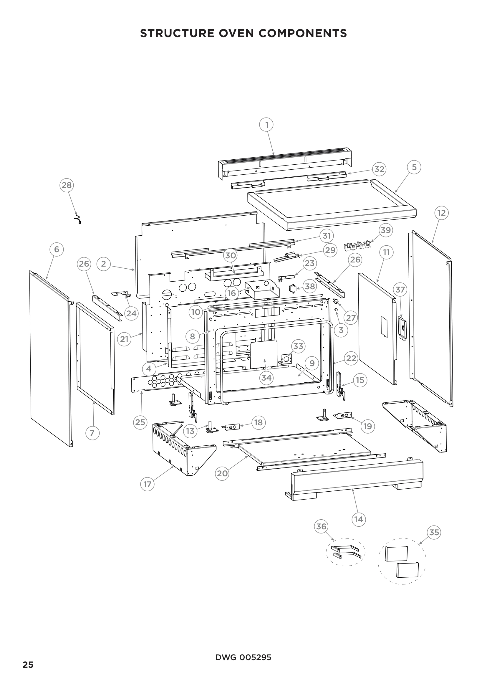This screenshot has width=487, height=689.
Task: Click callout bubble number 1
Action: [266, 124]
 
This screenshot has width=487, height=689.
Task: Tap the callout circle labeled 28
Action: [67, 185]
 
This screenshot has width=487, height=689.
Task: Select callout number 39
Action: [386, 230]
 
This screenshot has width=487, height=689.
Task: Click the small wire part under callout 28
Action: [78, 220]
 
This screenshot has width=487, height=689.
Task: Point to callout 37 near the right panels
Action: [400, 290]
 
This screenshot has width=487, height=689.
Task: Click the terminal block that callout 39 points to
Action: [357, 249]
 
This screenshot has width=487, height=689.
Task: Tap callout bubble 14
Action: [358, 519]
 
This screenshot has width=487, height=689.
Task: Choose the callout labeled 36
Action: [321, 526]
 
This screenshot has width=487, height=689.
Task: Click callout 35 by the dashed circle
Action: [434, 532]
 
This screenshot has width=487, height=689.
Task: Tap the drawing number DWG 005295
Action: [243, 657]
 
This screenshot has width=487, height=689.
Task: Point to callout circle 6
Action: [57, 249]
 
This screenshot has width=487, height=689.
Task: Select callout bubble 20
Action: [222, 473]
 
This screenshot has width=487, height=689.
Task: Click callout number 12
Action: [441, 213]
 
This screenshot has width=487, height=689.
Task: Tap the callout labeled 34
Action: [266, 378]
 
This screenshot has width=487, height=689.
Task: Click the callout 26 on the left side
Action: [84, 263]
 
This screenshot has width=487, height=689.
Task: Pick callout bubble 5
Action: [414, 167]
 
